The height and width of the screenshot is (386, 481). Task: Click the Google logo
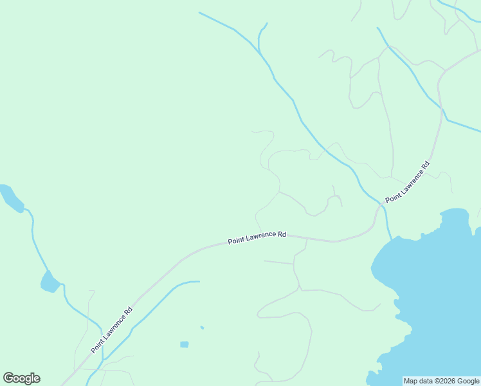pos(21,378)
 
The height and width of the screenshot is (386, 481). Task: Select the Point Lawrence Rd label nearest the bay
pos(407,183)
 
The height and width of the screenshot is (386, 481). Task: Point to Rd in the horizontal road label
pos(281,235)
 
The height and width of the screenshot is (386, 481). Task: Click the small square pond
pos(185,344)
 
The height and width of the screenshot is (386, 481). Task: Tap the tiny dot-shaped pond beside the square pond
pos(202,327)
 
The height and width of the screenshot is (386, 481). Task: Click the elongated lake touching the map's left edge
pos(10,197)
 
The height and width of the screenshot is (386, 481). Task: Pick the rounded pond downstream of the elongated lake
pos(50,282)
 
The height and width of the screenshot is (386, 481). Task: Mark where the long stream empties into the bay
pos(390,239)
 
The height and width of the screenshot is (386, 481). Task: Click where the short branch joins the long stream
pos(259,51)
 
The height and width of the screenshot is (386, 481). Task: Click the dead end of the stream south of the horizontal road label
pos(199,281)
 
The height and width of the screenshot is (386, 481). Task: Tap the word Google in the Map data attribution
pos(466,381)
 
